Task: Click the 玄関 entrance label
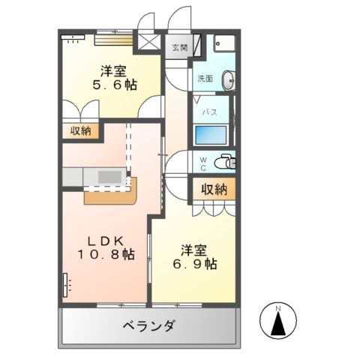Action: click(180, 48)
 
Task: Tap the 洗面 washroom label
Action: click(205, 78)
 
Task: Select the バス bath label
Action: click(209, 112)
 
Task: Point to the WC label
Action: click(202, 161)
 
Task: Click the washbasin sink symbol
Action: click(228, 78)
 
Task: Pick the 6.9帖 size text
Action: click(192, 265)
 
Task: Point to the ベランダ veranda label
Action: click(149, 326)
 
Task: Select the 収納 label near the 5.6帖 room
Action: click(81, 131)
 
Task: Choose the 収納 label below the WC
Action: click(214, 190)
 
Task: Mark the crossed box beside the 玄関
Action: click(147, 41)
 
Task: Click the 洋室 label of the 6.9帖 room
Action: click(192, 250)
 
